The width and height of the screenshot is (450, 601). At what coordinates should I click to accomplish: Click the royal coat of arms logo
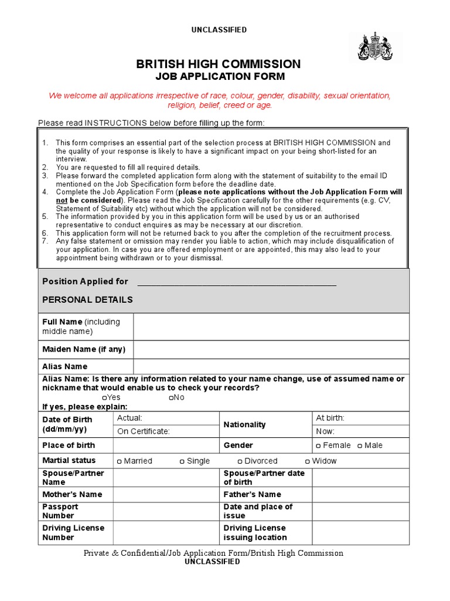(x=375, y=48)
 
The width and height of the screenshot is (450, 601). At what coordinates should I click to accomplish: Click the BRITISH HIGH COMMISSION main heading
(x=219, y=64)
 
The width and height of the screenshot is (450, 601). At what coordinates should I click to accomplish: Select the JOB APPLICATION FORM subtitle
(x=219, y=76)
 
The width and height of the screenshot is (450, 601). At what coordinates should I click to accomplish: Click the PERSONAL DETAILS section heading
(x=88, y=299)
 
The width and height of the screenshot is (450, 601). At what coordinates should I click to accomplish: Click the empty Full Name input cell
(x=271, y=326)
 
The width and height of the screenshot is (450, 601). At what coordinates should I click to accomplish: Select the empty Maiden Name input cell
(x=271, y=349)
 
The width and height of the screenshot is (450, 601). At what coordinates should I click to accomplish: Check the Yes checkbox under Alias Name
(x=104, y=398)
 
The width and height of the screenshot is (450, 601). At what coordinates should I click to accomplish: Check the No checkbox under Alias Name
(x=171, y=398)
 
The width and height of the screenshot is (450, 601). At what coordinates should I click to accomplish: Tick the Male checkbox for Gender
(x=360, y=445)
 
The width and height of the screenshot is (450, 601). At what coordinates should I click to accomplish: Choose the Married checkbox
(x=120, y=461)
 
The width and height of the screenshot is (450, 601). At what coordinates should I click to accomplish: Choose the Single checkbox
(x=182, y=461)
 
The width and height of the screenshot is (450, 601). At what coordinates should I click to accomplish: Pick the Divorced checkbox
(x=240, y=461)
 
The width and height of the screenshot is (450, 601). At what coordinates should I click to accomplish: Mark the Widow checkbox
(x=308, y=461)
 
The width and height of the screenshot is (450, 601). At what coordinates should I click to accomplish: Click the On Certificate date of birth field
(x=167, y=431)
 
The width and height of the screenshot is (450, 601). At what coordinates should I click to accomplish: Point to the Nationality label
(x=244, y=424)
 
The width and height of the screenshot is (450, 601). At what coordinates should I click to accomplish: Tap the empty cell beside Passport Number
(x=166, y=511)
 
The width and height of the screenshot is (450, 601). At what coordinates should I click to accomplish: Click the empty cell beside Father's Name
(x=360, y=495)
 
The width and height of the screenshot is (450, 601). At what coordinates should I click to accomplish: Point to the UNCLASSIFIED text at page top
(x=219, y=30)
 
